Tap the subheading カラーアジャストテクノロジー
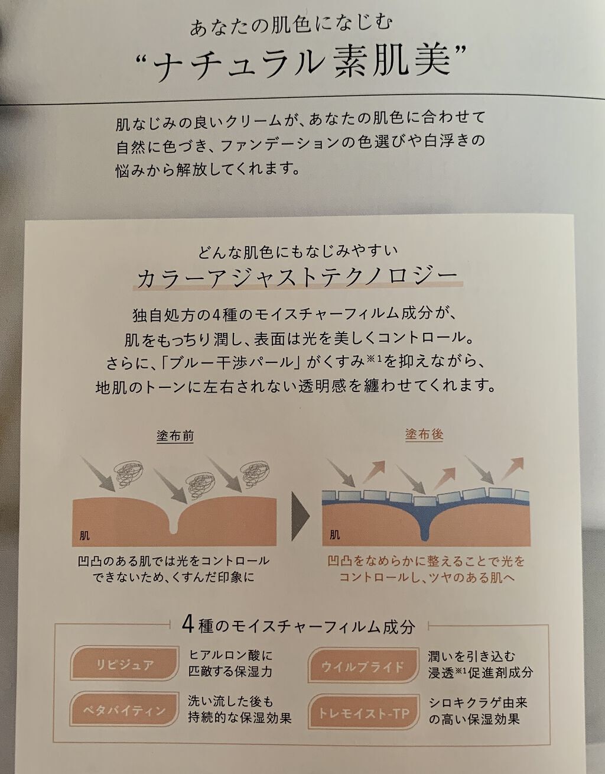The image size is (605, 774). click(x=297, y=276)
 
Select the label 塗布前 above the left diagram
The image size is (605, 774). click(x=175, y=436)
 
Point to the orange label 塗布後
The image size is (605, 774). click(x=424, y=435)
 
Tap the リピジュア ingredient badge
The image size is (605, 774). click(x=125, y=664)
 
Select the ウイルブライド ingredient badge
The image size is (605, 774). click(x=362, y=667)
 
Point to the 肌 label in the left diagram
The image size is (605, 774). click(x=85, y=536)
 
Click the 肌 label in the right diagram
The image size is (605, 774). click(x=334, y=536)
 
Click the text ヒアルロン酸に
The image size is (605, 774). click(x=230, y=655)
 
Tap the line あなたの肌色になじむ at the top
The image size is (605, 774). click(x=291, y=25)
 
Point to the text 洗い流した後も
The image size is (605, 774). click(x=230, y=701)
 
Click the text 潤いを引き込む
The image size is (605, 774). click(x=471, y=656)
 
